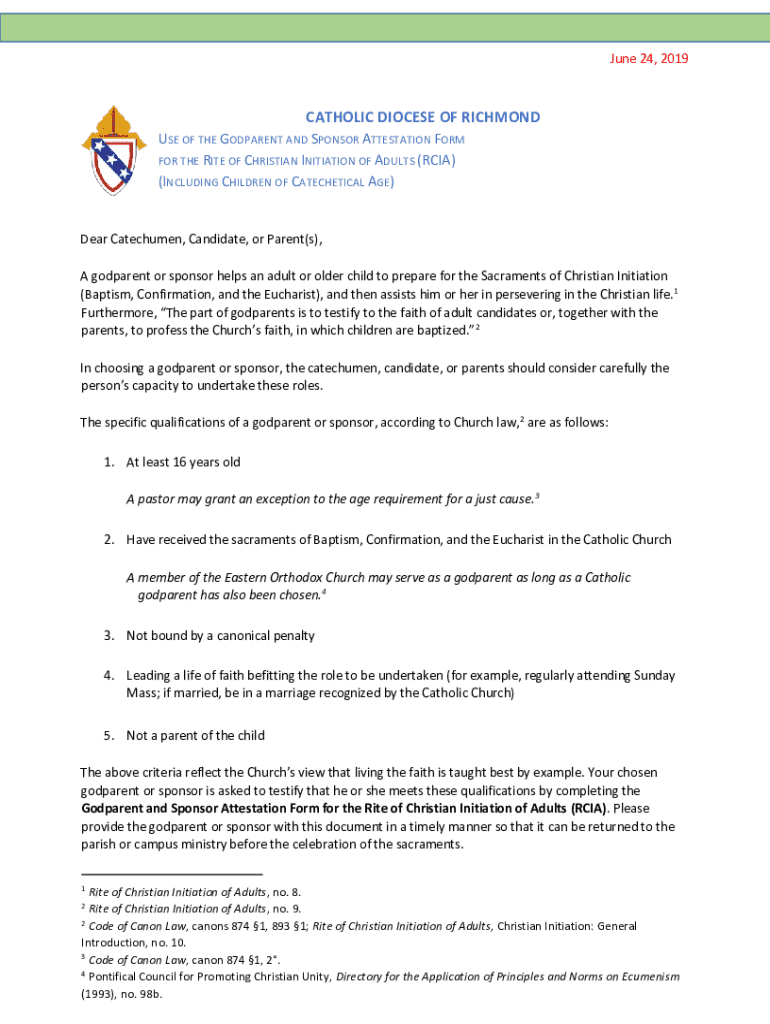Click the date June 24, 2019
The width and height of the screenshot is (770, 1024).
pyautogui.click(x=649, y=58)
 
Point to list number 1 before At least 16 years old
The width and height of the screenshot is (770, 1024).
pyautogui.click(x=107, y=462)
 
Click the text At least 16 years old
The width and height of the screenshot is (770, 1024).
pyautogui.click(x=183, y=462)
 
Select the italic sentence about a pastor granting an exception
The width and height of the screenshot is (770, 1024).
pyautogui.click(x=332, y=498)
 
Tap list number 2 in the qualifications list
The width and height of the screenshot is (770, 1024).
pyautogui.click(x=107, y=540)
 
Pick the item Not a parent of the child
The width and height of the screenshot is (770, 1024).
pyautogui.click(x=195, y=735)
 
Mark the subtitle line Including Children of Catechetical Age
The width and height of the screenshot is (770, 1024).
pyautogui.click(x=277, y=182)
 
